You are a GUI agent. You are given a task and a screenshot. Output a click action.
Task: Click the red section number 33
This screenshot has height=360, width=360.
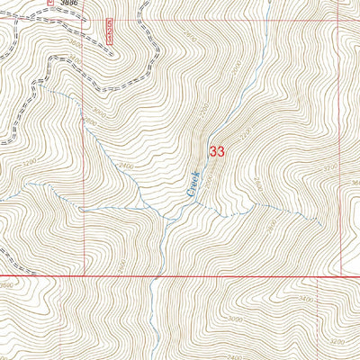pyautogui.click(x=216, y=152)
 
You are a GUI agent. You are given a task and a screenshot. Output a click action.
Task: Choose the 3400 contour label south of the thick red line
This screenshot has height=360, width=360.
pyautogui.click(x=305, y=298)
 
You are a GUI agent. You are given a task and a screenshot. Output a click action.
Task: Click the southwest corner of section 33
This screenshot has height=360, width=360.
pyautogui.click(x=85, y=275)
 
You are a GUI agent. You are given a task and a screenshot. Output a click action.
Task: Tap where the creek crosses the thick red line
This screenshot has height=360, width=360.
pyautogui.click(x=157, y=275)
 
